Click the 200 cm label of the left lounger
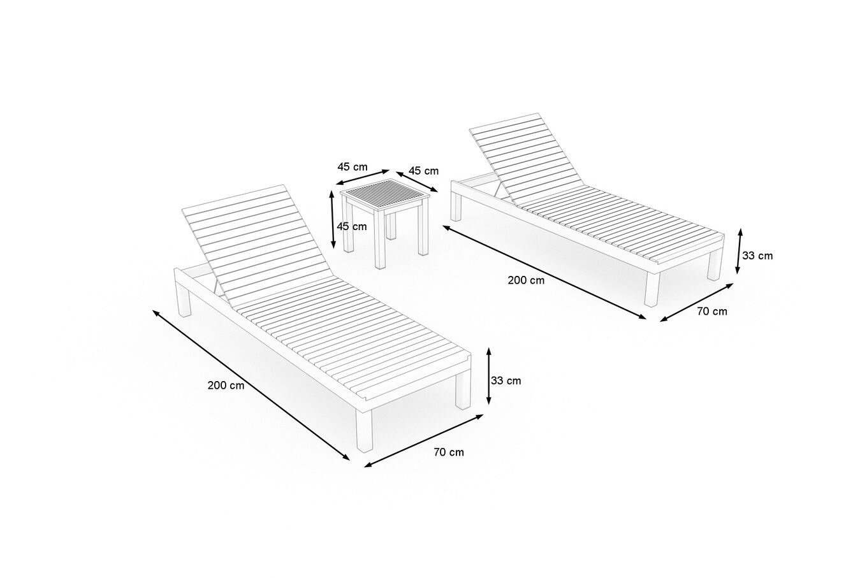point(226,386)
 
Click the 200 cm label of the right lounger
point(526,280)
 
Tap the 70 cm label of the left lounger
point(449,452)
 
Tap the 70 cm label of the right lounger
point(712,312)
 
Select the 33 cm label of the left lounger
point(506,380)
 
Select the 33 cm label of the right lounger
point(757,256)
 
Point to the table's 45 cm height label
point(352,226)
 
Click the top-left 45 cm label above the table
point(352,167)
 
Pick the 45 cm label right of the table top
point(423,171)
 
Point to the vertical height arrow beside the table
point(332,219)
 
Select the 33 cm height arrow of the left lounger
point(489,376)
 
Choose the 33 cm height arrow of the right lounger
point(739,251)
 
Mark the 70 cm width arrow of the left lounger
point(424,441)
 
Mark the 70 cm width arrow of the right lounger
point(697,303)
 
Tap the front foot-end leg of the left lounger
point(364,430)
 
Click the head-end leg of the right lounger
point(456,207)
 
